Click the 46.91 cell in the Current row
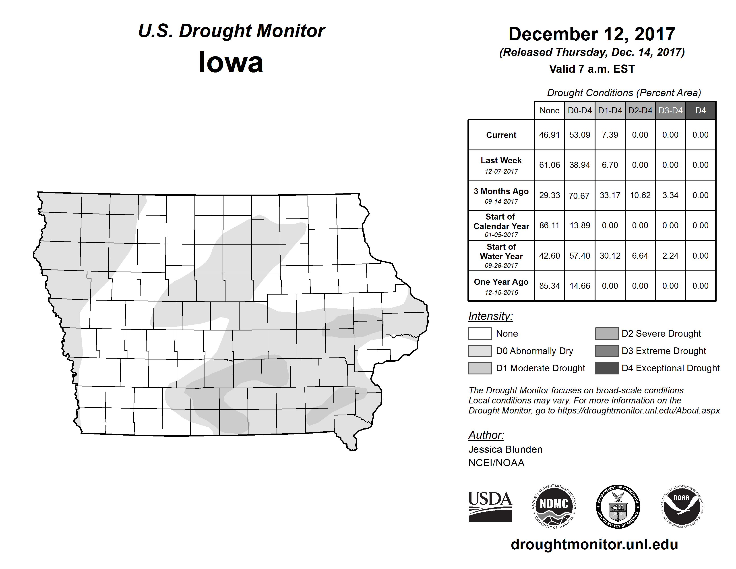[x=549, y=135]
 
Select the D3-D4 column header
[x=670, y=110]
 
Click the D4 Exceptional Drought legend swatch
[x=607, y=368]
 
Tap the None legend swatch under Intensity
[x=480, y=333]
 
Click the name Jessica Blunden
[x=505, y=449]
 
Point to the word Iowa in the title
[x=231, y=62]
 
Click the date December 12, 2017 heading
[x=592, y=34]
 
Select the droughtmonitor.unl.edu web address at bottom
[x=594, y=544]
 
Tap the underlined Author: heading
[x=486, y=435]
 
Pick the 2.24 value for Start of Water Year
[x=670, y=256]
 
